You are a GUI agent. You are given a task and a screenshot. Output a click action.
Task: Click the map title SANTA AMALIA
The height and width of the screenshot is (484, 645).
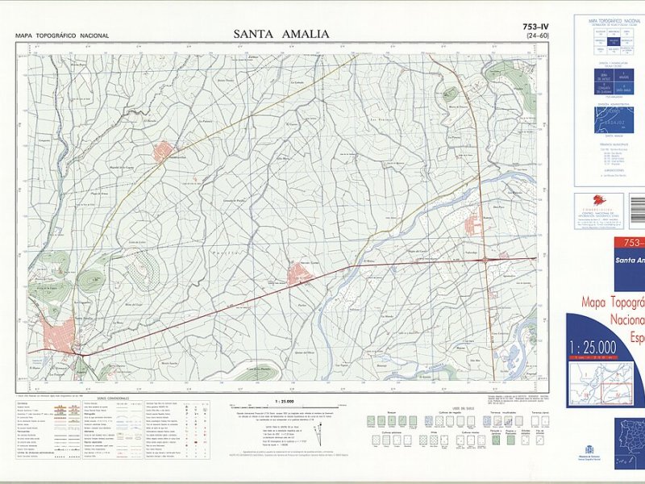[281, 34]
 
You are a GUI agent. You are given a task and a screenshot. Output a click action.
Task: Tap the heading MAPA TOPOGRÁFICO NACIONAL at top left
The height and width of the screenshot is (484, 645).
[62, 35]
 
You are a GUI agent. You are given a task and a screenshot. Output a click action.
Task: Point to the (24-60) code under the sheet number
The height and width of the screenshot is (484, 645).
[537, 36]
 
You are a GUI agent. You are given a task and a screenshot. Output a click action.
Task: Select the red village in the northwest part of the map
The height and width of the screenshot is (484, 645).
[164, 151]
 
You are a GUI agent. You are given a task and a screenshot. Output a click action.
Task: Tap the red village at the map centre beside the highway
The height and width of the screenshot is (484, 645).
[300, 274]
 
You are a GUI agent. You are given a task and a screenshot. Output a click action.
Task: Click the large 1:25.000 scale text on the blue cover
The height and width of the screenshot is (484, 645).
[593, 348]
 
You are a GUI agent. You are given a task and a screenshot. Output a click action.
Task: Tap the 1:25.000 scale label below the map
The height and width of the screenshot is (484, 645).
[285, 401]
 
